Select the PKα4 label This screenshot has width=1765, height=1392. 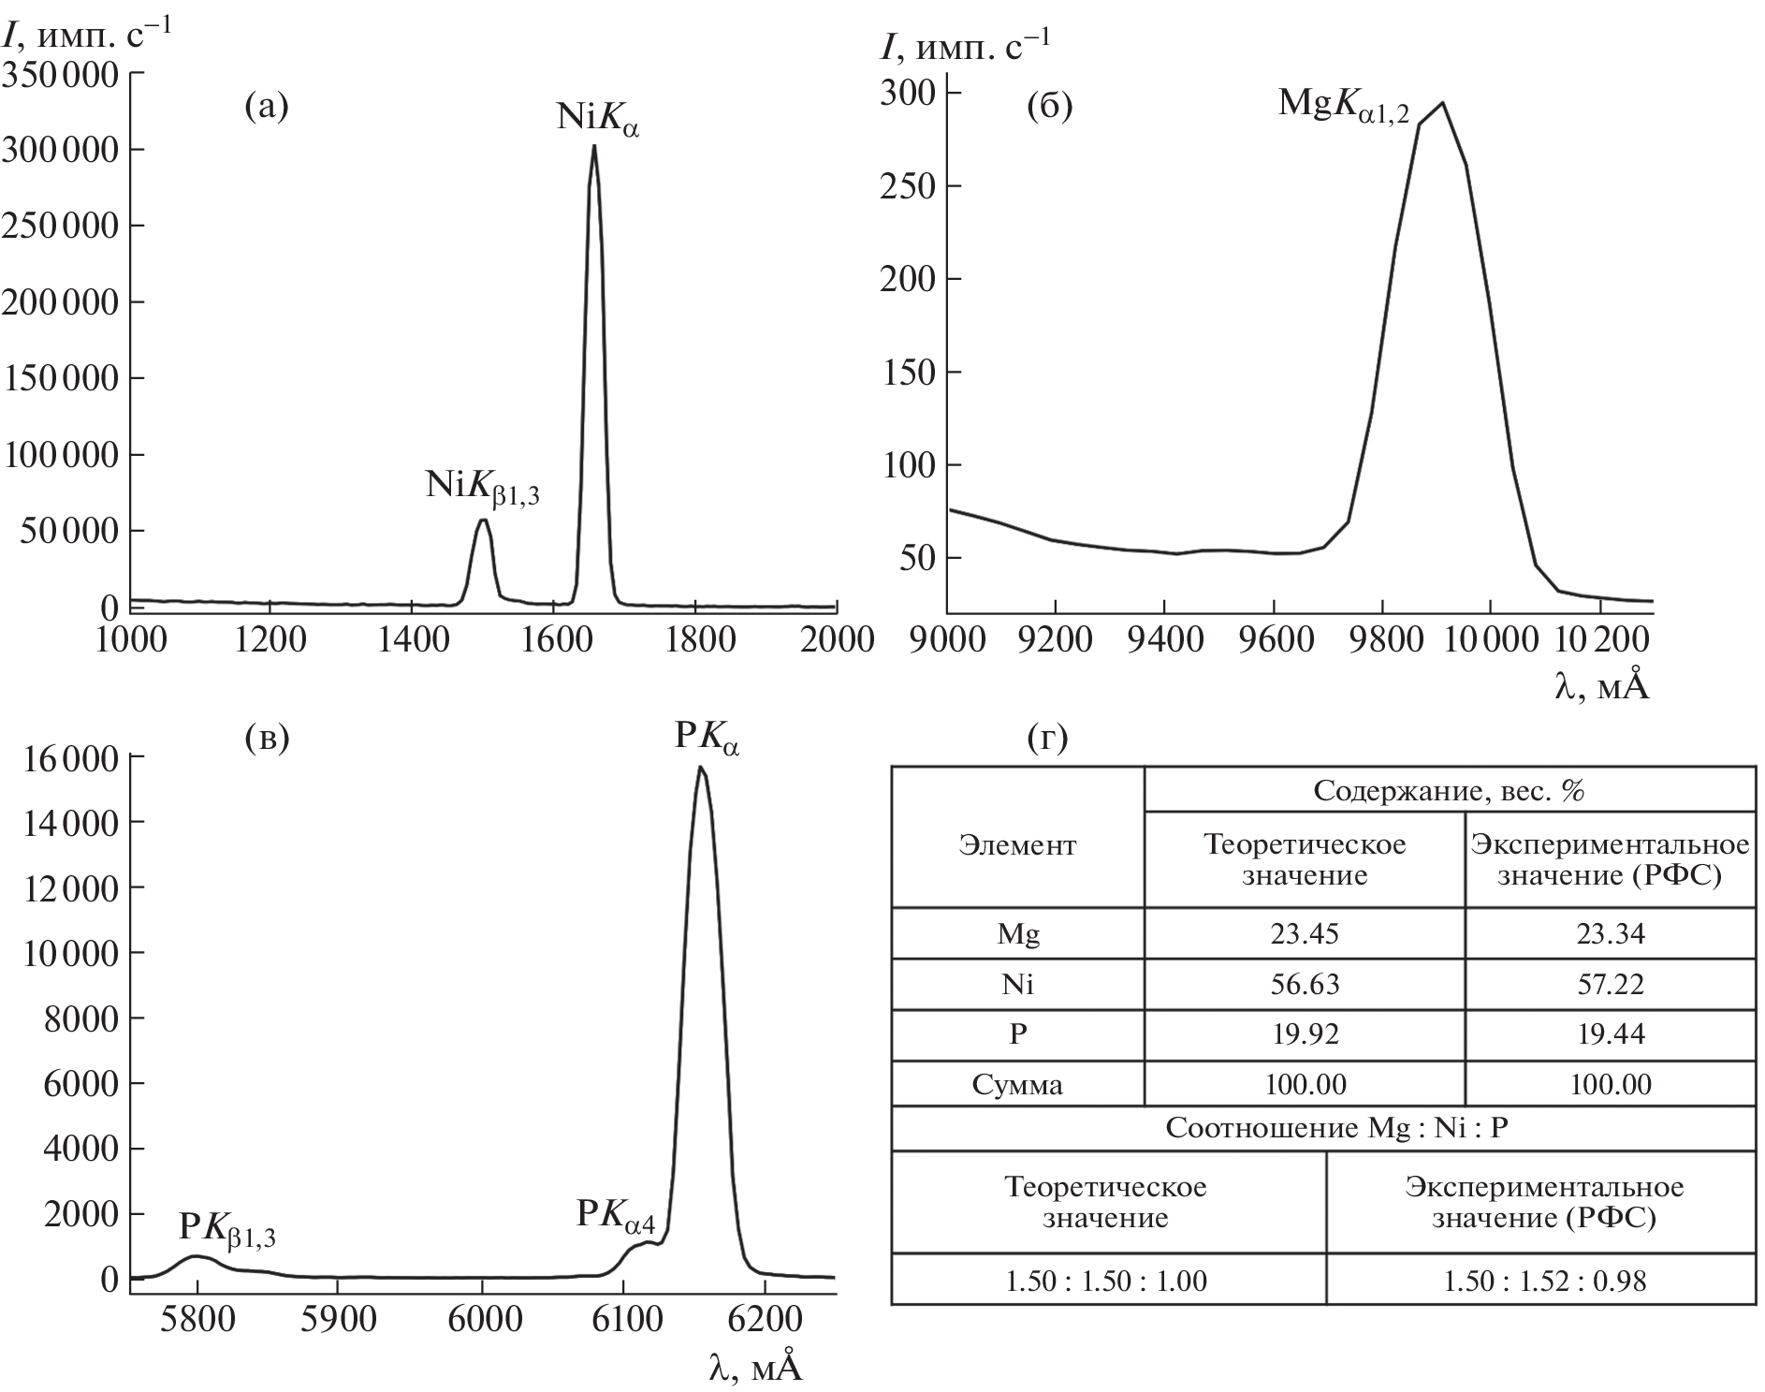[x=615, y=1215]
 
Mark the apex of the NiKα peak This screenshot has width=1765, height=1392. [x=594, y=146]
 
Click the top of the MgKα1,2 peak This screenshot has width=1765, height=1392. [x=1442, y=103]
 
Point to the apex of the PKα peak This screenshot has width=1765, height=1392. [x=700, y=768]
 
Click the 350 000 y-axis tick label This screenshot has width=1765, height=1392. [x=60, y=74]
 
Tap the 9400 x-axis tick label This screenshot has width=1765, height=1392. [x=1163, y=640]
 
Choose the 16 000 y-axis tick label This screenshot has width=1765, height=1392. [x=66, y=757]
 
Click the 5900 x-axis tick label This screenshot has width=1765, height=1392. [x=339, y=1320]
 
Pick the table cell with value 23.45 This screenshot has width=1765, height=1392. [x=1304, y=933]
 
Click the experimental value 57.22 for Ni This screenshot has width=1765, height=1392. [x=1610, y=984]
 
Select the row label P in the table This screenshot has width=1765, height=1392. [x=1017, y=1034]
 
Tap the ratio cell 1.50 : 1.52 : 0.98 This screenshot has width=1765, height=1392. [x=1544, y=1280]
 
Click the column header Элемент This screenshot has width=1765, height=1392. [x=1017, y=846]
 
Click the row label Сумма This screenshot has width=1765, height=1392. [x=1017, y=1085]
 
